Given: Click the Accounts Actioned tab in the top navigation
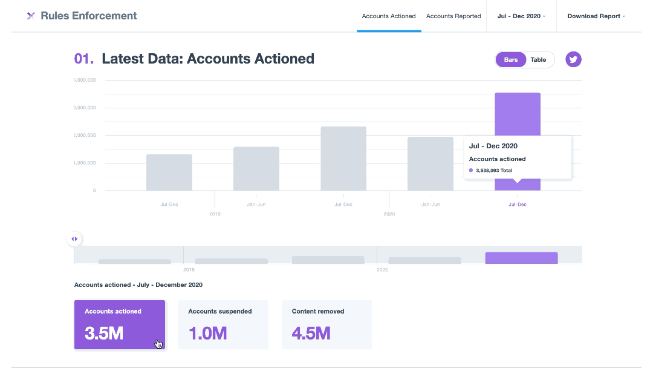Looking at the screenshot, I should tap(389, 16).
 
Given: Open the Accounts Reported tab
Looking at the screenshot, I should tap(453, 16).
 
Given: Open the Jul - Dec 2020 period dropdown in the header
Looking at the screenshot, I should tap(521, 16).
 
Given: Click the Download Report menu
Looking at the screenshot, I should tap(596, 16).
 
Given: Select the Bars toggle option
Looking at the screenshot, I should tap(511, 60).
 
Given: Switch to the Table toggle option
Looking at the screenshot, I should tap(538, 60).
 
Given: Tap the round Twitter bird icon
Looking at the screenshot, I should tap(573, 59).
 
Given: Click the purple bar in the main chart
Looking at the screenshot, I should tap(517, 115).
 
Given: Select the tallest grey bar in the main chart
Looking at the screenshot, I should tap(343, 159).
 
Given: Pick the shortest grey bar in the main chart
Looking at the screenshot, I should tap(169, 172).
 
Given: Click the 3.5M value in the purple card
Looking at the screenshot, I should tap(104, 333).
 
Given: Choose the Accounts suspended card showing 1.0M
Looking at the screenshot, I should tap(223, 324).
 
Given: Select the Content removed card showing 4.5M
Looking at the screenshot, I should tap(326, 324).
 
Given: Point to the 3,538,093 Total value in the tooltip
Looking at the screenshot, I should tap(494, 171).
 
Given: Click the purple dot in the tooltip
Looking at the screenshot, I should tap(471, 171).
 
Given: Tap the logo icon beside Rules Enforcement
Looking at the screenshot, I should tap(31, 16).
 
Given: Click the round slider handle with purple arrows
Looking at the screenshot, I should tap(74, 239).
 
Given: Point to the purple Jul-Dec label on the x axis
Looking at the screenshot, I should tap(518, 205).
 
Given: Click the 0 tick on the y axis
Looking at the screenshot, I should tap(94, 191).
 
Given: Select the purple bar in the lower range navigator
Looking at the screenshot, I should tap(521, 258).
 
